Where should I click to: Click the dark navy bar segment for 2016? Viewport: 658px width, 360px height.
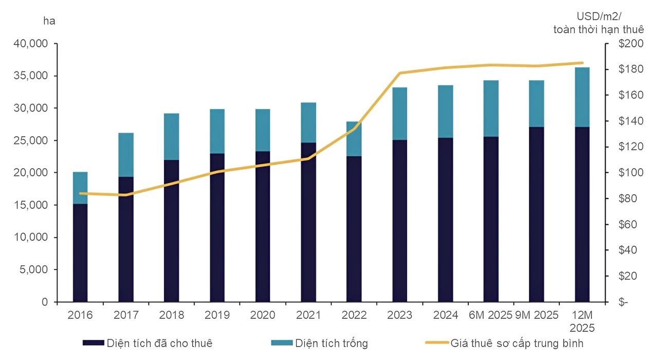[x=80, y=253]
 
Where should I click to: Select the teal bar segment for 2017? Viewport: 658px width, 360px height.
[x=126, y=155]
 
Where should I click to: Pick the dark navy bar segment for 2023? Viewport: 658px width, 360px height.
[x=399, y=221]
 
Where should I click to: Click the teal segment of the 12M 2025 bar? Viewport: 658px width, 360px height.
[x=582, y=97]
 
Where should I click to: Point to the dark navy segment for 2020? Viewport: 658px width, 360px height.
[x=263, y=226]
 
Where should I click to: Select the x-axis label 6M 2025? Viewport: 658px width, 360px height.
[x=491, y=315]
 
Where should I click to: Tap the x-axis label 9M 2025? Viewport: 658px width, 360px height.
[x=536, y=315]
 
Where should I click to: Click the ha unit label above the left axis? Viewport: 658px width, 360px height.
[x=49, y=21]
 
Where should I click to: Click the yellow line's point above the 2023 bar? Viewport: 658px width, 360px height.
[x=399, y=73]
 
